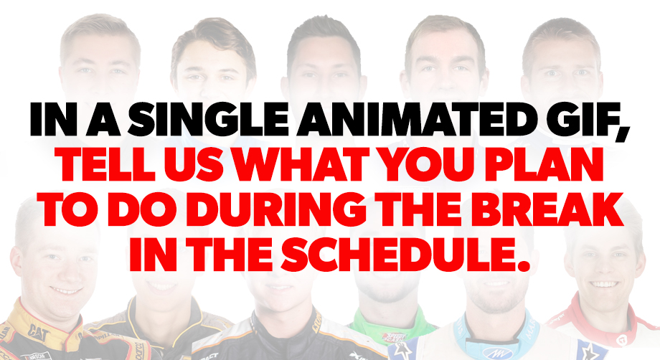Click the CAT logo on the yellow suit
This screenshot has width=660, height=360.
(x=39, y=331)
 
